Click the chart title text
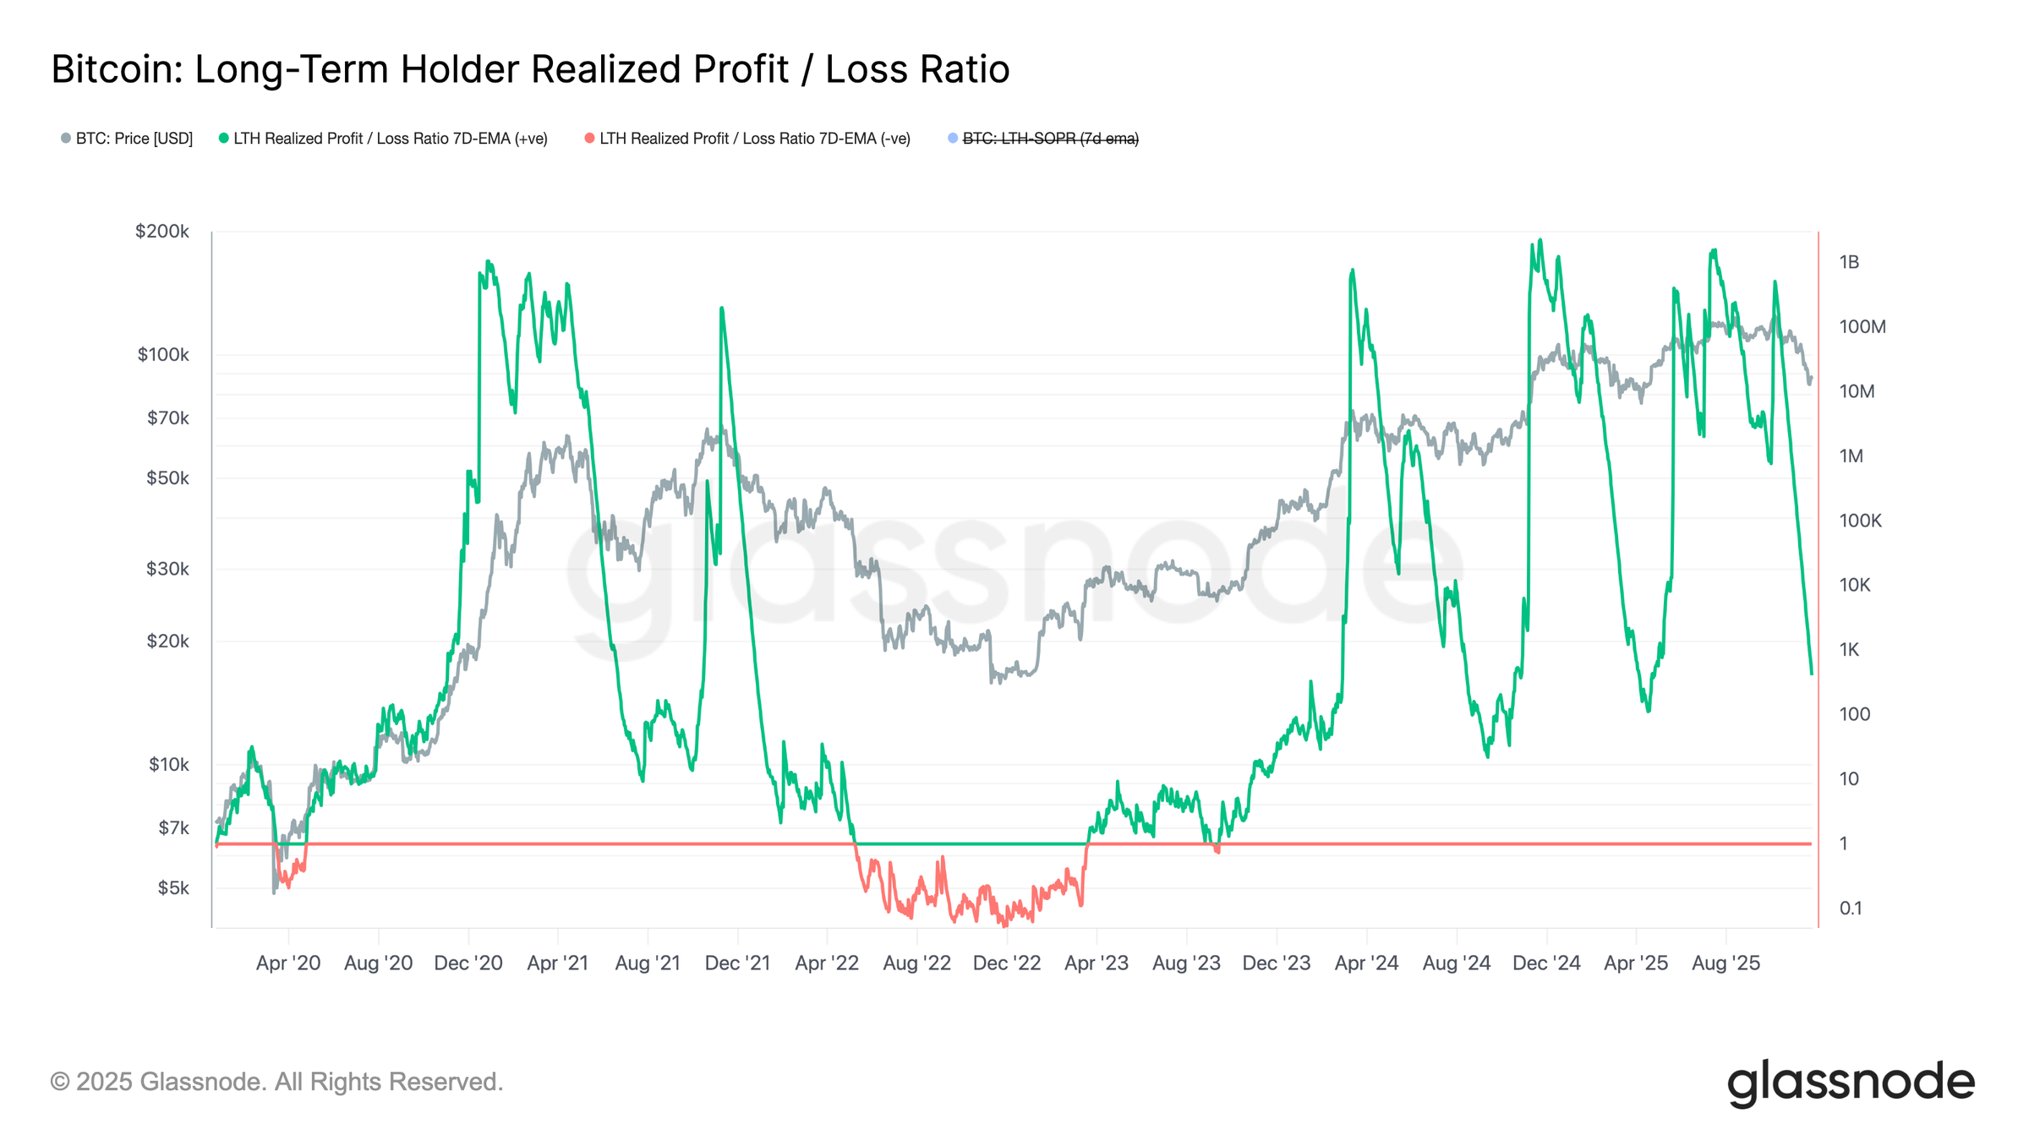pyautogui.click(x=530, y=69)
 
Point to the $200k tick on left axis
pyautogui.click(x=162, y=232)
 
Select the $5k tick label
pyautogui.click(x=173, y=888)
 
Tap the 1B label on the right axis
pyautogui.click(x=1849, y=263)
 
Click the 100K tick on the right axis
pyautogui.click(x=1860, y=521)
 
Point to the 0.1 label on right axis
pyautogui.click(x=1851, y=909)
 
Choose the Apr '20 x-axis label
pyautogui.click(x=288, y=964)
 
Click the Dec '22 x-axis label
pyautogui.click(x=1007, y=964)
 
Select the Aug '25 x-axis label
pyautogui.click(x=1725, y=964)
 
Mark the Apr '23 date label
pyautogui.click(x=1097, y=964)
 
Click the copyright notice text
pyautogui.click(x=276, y=1082)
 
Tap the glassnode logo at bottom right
pyautogui.click(x=1851, y=1083)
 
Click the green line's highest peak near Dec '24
pyautogui.click(x=1540, y=240)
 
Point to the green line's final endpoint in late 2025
pyautogui.click(x=1812, y=674)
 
